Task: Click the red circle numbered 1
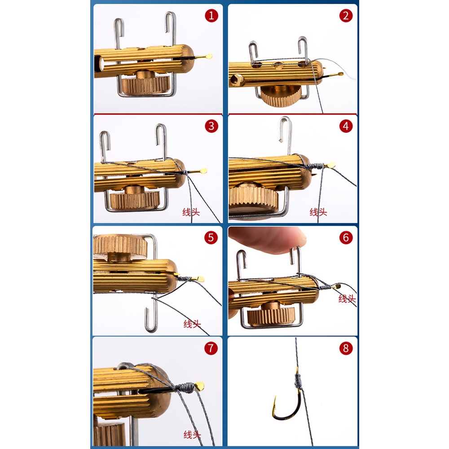(211, 16)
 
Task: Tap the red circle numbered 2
(346, 16)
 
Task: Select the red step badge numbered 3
(211, 126)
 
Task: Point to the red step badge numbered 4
(346, 126)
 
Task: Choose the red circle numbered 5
(211, 238)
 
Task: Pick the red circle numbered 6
(346, 238)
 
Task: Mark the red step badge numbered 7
(211, 348)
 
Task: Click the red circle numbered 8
(346, 348)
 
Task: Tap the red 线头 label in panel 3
(191, 212)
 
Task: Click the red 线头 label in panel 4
(318, 212)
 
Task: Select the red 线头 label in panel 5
(192, 324)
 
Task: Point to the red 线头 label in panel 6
(347, 299)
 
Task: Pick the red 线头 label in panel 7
(192, 435)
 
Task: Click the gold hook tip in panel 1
(209, 56)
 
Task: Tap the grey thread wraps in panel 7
(185, 387)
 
